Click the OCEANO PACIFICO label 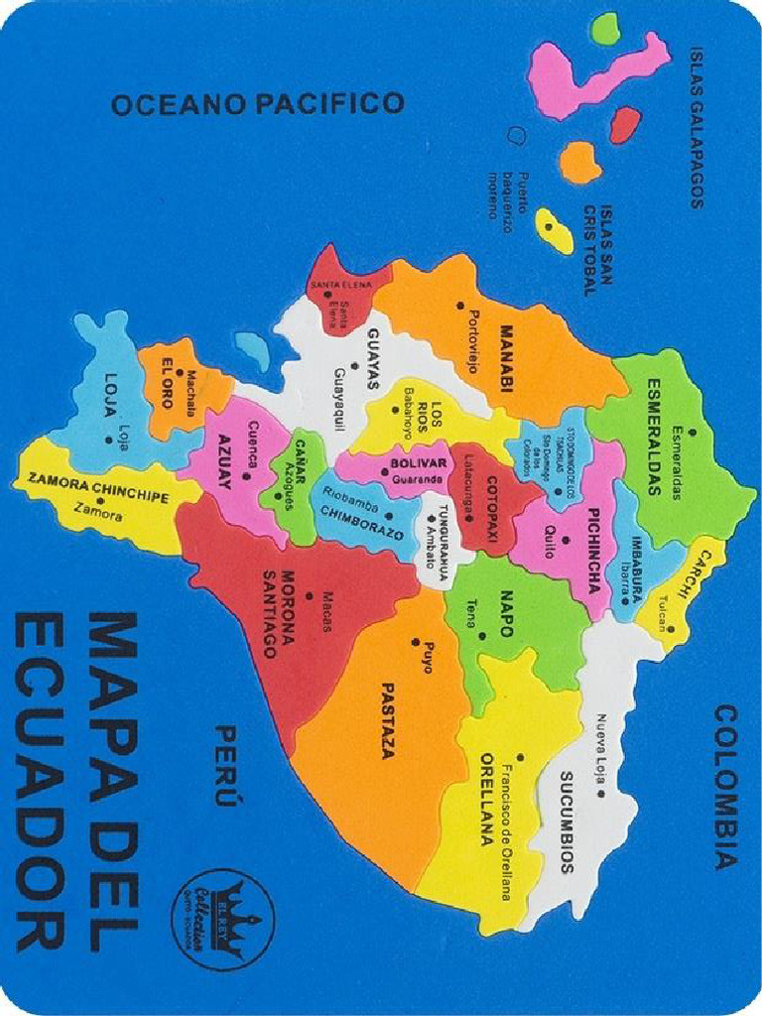[258, 103]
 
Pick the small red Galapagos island [623, 125]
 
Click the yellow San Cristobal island [552, 229]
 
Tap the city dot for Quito [565, 540]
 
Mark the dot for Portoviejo [460, 305]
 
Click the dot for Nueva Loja [599, 793]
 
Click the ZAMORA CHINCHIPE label [98, 486]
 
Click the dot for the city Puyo [415, 643]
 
